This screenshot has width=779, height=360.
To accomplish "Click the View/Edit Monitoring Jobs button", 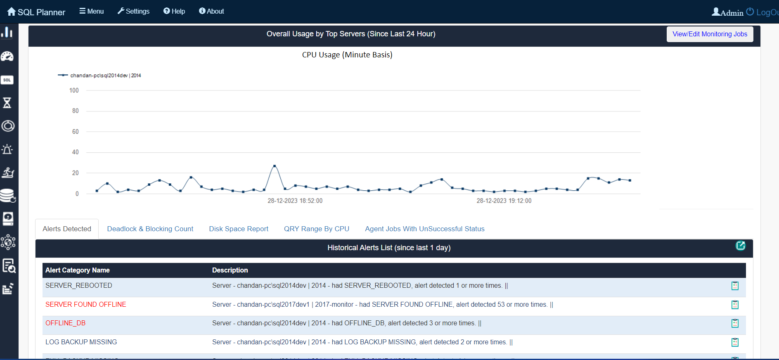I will pyautogui.click(x=710, y=34).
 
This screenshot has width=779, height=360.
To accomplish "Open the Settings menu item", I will pyautogui.click(x=133, y=11).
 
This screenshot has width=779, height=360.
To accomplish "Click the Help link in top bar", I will pyautogui.click(x=174, y=11).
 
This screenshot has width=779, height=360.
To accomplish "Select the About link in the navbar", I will pyautogui.click(x=211, y=11).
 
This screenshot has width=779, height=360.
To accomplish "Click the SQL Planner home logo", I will pyautogui.click(x=36, y=12).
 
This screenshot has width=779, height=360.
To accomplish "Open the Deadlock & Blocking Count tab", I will pyautogui.click(x=150, y=229).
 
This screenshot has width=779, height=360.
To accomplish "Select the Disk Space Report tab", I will pyautogui.click(x=239, y=229).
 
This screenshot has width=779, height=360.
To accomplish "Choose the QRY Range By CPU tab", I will pyautogui.click(x=316, y=229).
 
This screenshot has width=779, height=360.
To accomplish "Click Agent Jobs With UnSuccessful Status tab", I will pyautogui.click(x=424, y=229).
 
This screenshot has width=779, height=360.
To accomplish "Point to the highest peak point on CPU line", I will pyautogui.click(x=275, y=166).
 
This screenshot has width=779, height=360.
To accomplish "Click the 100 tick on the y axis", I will pyautogui.click(x=74, y=90).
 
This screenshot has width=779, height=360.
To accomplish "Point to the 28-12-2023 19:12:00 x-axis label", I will pyautogui.click(x=504, y=201).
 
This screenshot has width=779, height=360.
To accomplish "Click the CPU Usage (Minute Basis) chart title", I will pyautogui.click(x=347, y=55).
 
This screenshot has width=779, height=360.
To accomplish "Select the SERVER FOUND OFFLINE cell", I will pyautogui.click(x=86, y=304).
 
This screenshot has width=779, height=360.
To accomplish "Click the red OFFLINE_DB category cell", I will pyautogui.click(x=65, y=323).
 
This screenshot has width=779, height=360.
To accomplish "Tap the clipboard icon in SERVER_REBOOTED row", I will pyautogui.click(x=735, y=286).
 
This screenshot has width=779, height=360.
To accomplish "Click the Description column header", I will pyautogui.click(x=230, y=270).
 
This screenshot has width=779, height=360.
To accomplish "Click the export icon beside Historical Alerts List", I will pyautogui.click(x=740, y=246).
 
